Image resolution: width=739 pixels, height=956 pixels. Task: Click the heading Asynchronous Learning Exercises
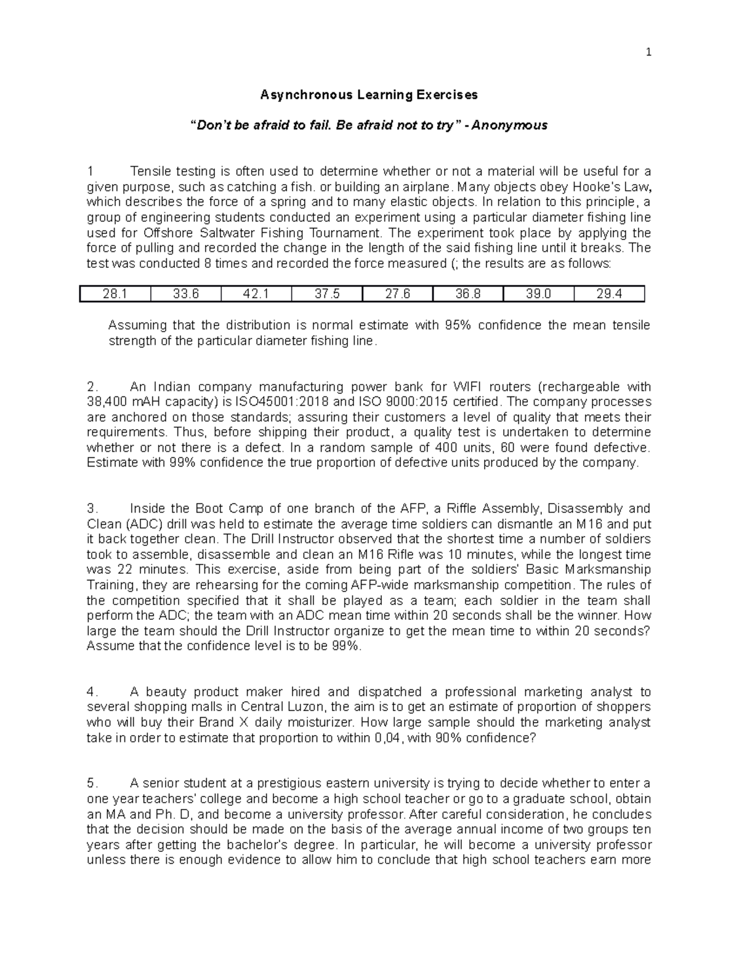pos(369,95)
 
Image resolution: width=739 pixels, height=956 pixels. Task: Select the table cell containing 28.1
pos(115,294)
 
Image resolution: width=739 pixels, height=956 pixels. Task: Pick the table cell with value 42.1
pos(256,294)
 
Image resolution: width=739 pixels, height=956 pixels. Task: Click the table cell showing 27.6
pos(398,294)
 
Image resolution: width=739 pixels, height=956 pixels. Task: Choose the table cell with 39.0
pos(538,294)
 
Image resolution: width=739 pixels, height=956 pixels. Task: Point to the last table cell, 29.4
pos(609,294)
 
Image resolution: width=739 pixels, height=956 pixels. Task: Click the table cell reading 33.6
pos(186,294)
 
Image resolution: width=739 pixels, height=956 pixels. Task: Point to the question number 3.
pos(92,508)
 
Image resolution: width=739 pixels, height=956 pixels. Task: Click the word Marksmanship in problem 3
pos(610,569)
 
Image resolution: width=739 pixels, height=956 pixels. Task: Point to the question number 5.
pos(92,784)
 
